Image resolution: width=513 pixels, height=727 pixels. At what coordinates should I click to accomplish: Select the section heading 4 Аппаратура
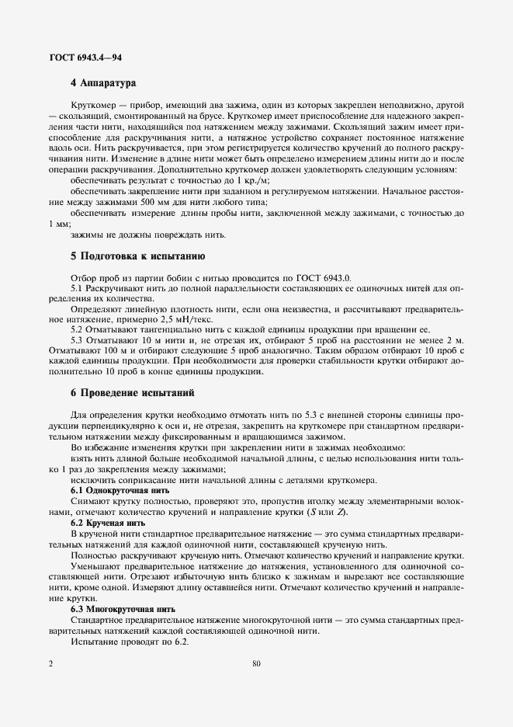coord(103,82)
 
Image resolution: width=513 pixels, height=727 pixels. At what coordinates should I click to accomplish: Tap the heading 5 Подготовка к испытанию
coord(137,256)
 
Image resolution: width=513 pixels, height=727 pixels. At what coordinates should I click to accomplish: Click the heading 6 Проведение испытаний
coord(132,394)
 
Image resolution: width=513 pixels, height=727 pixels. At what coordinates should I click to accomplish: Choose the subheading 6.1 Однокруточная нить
coord(120,491)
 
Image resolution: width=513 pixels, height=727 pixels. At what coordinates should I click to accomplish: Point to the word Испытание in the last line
coord(95,643)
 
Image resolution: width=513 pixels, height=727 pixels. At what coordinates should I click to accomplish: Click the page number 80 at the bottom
coord(256,665)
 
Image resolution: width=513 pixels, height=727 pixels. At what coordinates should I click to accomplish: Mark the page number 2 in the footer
coord(51,665)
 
